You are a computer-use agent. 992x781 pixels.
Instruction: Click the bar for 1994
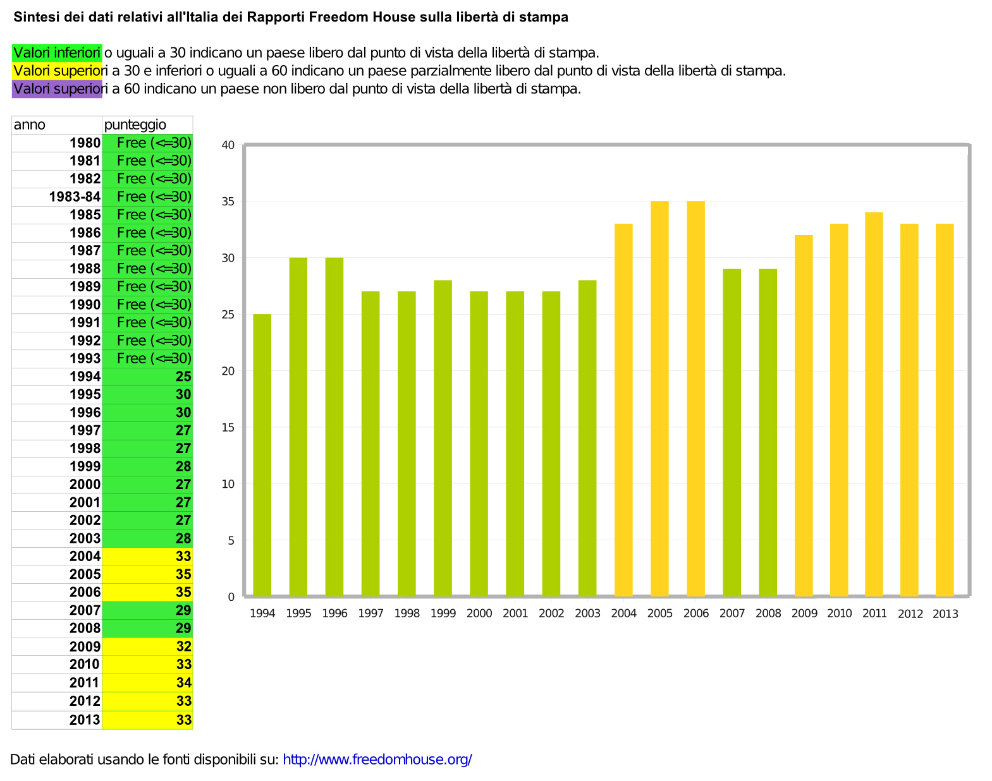point(262,455)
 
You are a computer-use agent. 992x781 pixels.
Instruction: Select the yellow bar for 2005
point(659,399)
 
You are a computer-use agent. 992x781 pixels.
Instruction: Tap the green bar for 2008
point(768,433)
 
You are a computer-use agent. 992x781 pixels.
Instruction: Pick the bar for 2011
point(874,404)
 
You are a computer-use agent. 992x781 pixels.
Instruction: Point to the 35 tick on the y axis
point(228,202)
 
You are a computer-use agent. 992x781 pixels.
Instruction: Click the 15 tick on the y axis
point(228,428)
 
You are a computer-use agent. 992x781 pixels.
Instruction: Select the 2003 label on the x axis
point(587,614)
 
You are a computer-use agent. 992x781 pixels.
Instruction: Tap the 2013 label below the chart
point(945,614)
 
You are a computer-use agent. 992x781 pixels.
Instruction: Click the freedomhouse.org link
point(377,760)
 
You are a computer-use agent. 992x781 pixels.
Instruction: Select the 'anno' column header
point(30,124)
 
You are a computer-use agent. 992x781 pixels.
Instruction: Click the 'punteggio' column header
point(135,124)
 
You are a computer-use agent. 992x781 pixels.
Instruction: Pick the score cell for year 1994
point(147,377)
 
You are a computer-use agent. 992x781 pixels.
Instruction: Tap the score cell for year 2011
point(147,682)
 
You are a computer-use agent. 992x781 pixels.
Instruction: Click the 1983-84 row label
point(75,197)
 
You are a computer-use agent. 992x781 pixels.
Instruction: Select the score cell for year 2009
point(147,646)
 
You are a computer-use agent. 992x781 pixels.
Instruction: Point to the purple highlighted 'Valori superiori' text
point(57,89)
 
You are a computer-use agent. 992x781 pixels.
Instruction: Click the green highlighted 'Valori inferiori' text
point(57,52)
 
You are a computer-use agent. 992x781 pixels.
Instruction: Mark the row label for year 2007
point(85,610)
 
